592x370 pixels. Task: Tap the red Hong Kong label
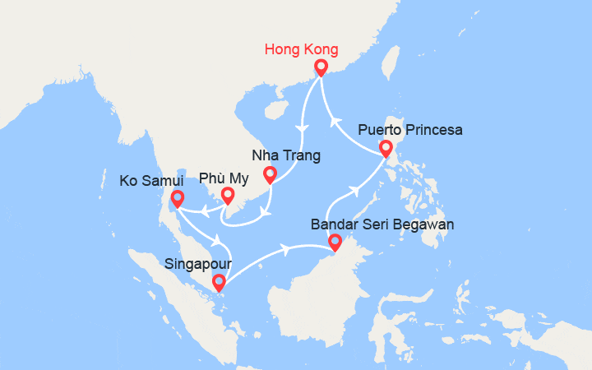click(x=301, y=49)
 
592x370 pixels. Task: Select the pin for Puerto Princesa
click(x=385, y=148)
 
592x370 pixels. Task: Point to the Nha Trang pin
click(x=269, y=173)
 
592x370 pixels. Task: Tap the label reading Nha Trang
click(x=286, y=155)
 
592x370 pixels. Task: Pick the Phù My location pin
click(x=228, y=195)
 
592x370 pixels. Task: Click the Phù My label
click(x=224, y=178)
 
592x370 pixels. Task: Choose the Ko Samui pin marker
click(x=176, y=197)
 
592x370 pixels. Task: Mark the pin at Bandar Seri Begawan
click(x=334, y=242)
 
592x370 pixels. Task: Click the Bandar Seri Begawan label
click(x=382, y=224)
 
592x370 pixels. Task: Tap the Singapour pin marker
click(x=218, y=282)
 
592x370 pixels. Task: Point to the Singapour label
click(x=197, y=265)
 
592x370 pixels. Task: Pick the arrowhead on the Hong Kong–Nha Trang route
click(x=301, y=128)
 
